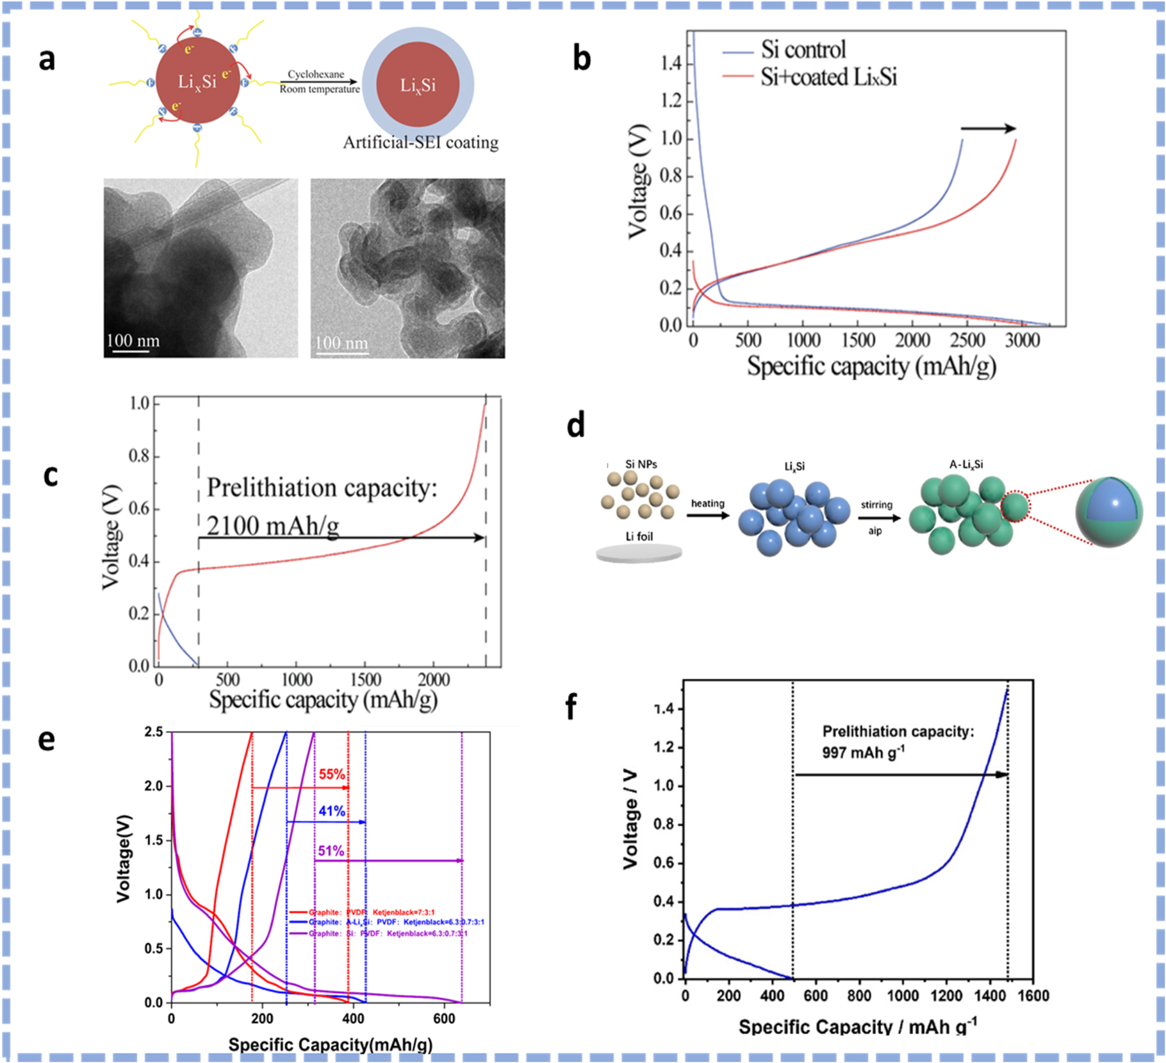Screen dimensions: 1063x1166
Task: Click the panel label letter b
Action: coord(581,59)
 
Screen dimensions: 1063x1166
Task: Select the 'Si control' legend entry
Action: coord(803,49)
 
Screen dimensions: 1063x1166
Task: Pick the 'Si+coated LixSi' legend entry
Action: coord(828,77)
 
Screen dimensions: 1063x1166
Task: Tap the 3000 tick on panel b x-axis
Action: coord(1022,340)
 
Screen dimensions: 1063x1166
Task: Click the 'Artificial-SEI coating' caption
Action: coord(420,142)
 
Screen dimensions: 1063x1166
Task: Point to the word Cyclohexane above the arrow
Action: coord(316,74)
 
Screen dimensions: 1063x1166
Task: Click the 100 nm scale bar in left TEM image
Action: coord(133,342)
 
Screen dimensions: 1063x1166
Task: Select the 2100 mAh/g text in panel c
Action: coord(273,526)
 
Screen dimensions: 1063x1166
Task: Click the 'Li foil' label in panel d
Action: coord(639,536)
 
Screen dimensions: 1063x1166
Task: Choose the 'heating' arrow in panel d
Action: coord(708,513)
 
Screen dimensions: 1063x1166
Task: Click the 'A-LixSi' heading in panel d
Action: coord(966,465)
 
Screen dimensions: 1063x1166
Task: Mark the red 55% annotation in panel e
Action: coord(332,774)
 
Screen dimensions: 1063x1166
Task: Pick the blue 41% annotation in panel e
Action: coord(332,811)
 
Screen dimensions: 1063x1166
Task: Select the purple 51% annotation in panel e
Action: coord(331,851)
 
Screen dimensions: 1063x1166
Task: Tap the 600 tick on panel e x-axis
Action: coord(444,1018)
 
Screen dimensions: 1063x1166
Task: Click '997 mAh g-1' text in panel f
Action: coord(863,752)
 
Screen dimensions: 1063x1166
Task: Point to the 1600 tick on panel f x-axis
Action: coord(1033,996)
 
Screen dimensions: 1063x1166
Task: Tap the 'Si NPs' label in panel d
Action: coord(641,465)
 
